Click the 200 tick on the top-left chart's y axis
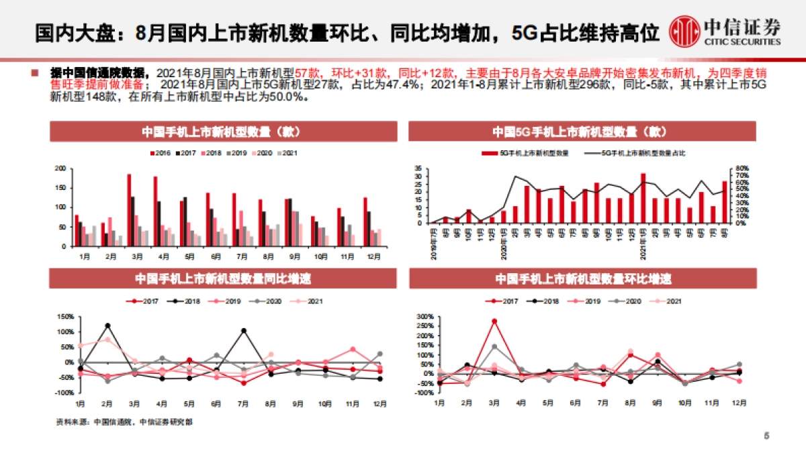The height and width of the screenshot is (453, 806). (x=60, y=168)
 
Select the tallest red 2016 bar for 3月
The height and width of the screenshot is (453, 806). (x=129, y=210)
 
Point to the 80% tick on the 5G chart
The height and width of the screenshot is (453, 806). (x=740, y=168)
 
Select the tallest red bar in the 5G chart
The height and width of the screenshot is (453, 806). (x=643, y=198)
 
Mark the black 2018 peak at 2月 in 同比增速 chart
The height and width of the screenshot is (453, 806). (x=107, y=326)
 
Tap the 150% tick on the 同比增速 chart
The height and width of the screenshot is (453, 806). (x=64, y=317)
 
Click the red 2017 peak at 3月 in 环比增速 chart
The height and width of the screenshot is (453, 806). (x=494, y=321)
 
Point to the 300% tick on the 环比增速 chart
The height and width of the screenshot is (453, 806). (x=425, y=316)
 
